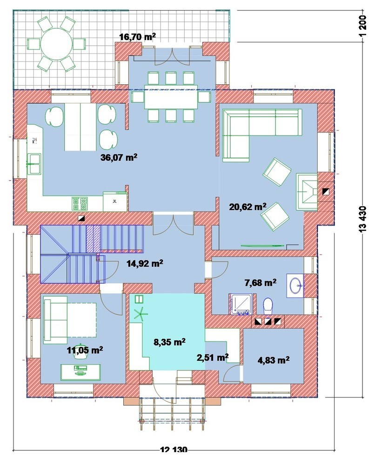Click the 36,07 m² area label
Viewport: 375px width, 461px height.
(x=119, y=157)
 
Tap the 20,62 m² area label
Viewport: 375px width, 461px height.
(x=248, y=206)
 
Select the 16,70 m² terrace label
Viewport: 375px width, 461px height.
(x=138, y=37)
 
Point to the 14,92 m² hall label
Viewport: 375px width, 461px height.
(x=145, y=263)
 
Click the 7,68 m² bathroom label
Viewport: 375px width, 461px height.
(x=260, y=283)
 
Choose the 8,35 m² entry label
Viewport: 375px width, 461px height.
(x=169, y=342)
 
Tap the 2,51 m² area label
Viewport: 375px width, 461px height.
(x=213, y=358)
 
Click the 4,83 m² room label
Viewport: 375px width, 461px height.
(x=274, y=360)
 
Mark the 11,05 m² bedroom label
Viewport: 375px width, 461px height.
(x=85, y=350)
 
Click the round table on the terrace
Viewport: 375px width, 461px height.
(x=56, y=44)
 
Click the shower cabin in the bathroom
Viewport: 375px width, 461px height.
(x=241, y=304)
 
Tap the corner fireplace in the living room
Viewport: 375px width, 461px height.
(x=307, y=192)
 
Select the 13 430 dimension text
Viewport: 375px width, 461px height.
(x=363, y=219)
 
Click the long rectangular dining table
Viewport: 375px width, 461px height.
(x=171, y=97)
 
